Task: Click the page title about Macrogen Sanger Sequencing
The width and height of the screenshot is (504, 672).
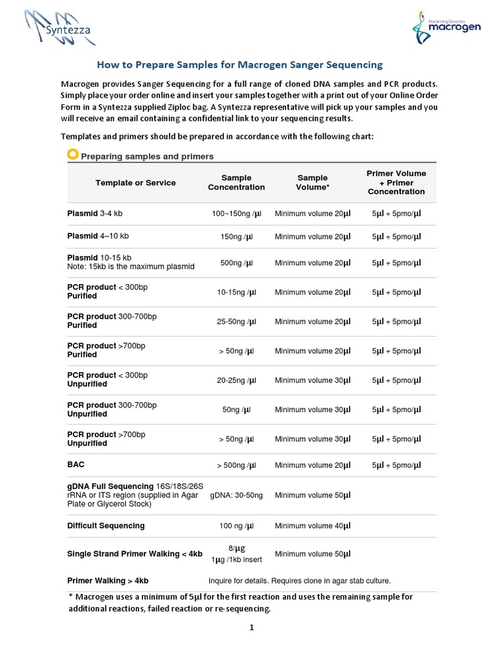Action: click(x=240, y=65)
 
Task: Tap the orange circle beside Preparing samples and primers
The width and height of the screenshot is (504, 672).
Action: click(x=73, y=155)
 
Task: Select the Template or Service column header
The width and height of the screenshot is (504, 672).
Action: click(x=135, y=182)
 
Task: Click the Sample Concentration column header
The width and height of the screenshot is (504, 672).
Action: click(x=236, y=182)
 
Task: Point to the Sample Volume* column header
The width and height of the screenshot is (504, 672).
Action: click(x=312, y=182)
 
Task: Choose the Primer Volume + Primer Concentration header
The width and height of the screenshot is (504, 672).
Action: click(x=396, y=182)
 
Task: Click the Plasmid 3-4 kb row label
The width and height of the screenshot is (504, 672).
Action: click(x=95, y=213)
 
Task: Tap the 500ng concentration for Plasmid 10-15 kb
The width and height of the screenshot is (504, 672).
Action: click(x=236, y=262)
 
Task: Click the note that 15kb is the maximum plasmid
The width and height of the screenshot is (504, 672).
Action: click(x=131, y=267)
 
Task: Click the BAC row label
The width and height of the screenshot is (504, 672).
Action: click(x=76, y=465)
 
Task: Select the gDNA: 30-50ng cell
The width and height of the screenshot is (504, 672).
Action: click(x=236, y=495)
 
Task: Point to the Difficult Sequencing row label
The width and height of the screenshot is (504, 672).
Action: click(x=106, y=526)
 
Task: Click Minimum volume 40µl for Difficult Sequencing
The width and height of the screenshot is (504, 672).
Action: click(x=312, y=526)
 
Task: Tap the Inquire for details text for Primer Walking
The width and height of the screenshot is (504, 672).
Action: click(x=299, y=581)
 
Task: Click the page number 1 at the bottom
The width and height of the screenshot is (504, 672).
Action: click(x=251, y=627)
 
